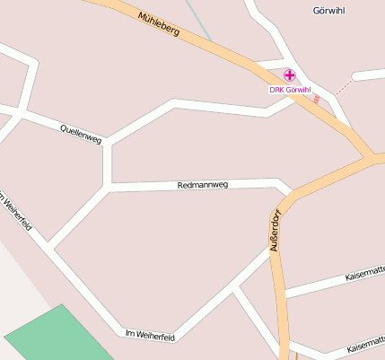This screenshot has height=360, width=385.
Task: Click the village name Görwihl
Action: (x=329, y=11)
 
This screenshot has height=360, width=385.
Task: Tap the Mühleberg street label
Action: (x=160, y=23)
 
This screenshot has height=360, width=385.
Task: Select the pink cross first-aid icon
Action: (x=289, y=76)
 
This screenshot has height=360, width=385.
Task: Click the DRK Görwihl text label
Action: (x=289, y=90)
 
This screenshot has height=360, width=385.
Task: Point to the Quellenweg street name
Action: (x=81, y=134)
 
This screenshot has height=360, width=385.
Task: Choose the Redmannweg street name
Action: (x=204, y=185)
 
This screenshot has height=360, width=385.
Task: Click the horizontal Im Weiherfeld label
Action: (x=150, y=336)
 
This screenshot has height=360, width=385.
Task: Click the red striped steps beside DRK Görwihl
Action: (x=317, y=99)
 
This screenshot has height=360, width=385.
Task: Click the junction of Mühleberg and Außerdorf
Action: (x=371, y=159)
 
